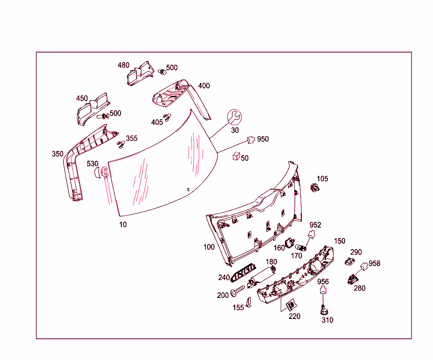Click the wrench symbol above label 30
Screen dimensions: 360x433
(234, 117)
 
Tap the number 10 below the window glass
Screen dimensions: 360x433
(123, 225)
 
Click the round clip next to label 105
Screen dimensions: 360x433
(314, 187)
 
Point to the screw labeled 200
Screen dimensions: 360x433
(237, 291)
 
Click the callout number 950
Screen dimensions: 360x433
(263, 139)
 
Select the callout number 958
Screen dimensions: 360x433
(374, 264)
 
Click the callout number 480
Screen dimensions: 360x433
(123, 65)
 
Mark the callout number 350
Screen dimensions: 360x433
(58, 154)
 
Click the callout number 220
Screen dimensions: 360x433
(295, 316)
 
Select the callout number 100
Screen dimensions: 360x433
(209, 247)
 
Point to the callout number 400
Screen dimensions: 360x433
(204, 86)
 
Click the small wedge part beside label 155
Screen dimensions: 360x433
(249, 302)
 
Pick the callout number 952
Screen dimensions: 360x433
(315, 225)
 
